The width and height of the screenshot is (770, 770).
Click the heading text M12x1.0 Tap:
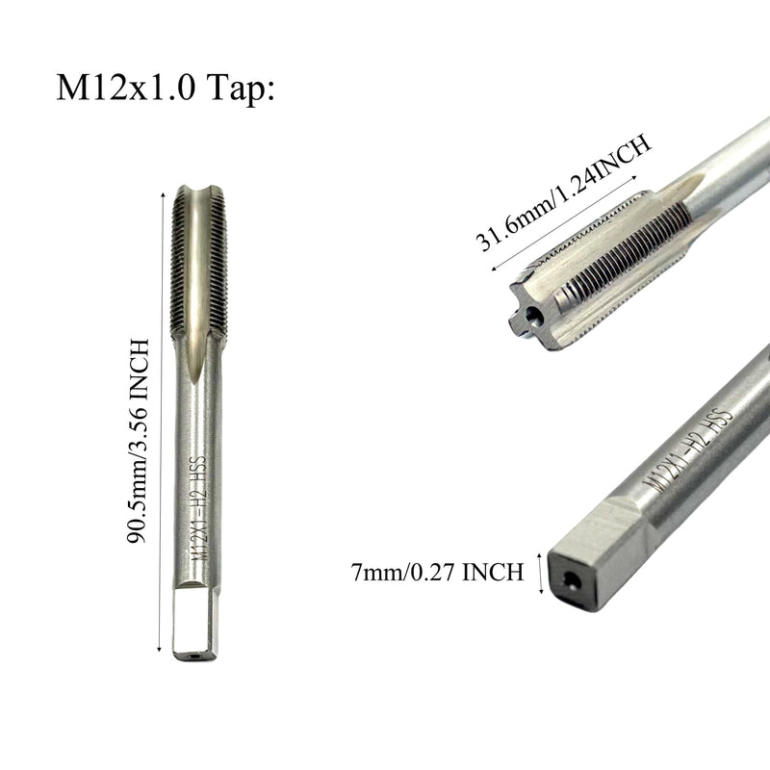point(166,88)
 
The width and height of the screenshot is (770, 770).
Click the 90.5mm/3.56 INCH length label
point(138,441)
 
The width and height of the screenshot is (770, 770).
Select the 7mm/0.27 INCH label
point(437,573)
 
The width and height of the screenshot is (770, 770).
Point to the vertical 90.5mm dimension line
point(161,423)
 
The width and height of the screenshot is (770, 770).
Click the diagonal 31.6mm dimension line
point(564,223)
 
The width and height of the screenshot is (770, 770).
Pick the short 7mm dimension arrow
point(541,573)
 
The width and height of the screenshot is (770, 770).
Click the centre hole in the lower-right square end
point(572,581)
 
